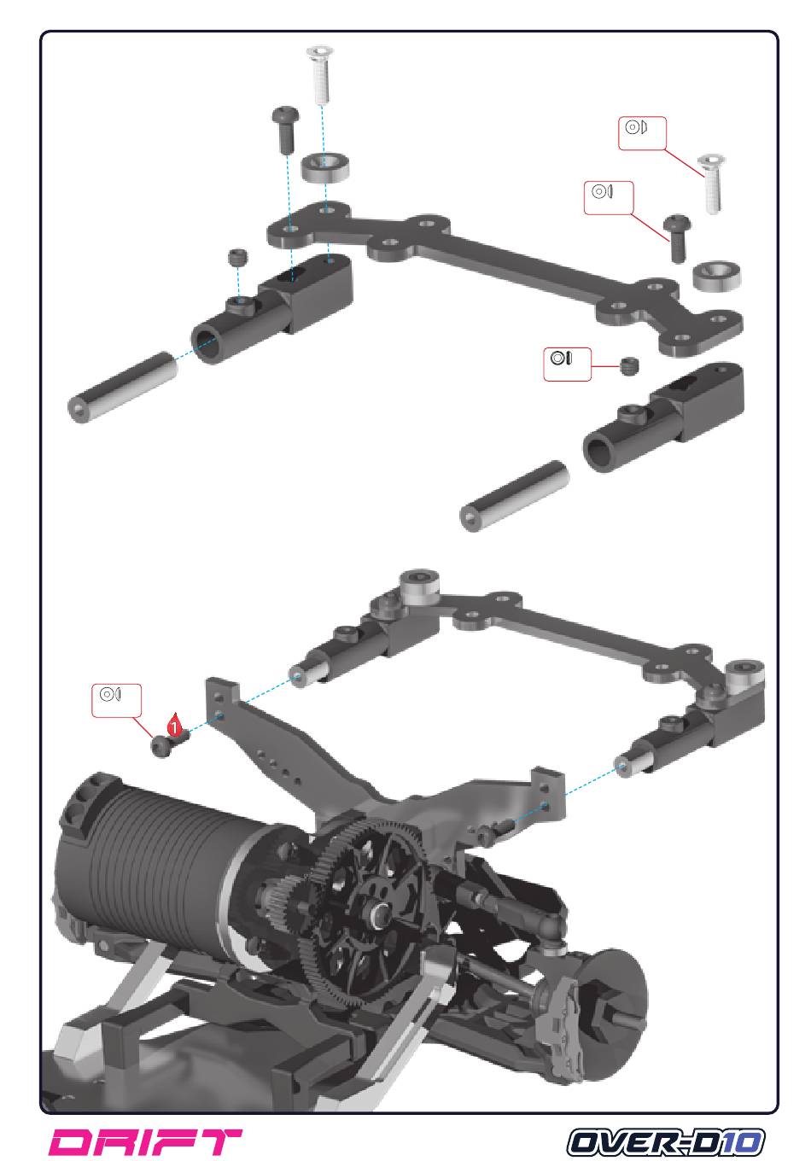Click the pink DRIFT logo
coord(146,1142)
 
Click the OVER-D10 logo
coord(667,1142)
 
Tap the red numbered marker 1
coord(174,728)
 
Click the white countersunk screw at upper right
coord(711,183)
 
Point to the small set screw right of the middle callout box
coord(630,367)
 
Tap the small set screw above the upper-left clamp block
coord(237,257)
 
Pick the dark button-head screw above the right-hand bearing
coord(677,236)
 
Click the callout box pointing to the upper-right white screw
coord(641,133)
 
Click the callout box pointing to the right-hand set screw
coord(568,363)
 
